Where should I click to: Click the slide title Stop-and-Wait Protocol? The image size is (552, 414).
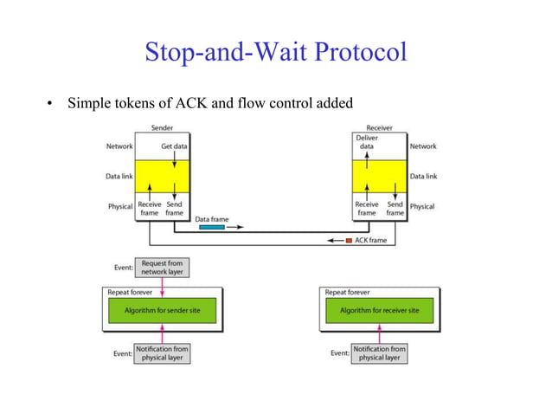click(x=275, y=52)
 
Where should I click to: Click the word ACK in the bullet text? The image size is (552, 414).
click(x=192, y=104)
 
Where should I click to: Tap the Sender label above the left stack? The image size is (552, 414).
click(x=162, y=128)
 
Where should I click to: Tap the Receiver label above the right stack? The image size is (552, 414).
click(x=379, y=128)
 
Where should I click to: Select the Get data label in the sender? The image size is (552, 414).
click(x=174, y=146)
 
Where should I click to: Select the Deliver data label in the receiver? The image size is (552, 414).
click(x=367, y=142)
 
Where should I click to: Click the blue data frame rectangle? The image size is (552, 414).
click(x=211, y=229)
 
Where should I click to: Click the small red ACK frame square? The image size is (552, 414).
click(x=350, y=240)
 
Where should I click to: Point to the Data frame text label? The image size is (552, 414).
click(x=212, y=219)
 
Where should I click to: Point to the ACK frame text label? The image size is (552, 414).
click(x=371, y=240)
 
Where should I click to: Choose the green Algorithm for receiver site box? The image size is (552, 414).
click(x=380, y=310)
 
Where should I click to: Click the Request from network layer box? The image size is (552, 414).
click(x=162, y=268)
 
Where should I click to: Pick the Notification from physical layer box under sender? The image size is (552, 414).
click(x=162, y=353)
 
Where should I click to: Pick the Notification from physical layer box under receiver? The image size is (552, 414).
click(x=380, y=353)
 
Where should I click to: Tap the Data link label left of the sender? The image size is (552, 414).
click(x=119, y=177)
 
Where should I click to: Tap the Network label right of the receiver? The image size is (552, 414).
click(x=423, y=146)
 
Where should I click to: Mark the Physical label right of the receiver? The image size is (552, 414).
click(x=422, y=207)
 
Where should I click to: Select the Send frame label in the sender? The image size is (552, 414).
click(x=175, y=208)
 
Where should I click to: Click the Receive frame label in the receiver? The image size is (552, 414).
click(x=367, y=208)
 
